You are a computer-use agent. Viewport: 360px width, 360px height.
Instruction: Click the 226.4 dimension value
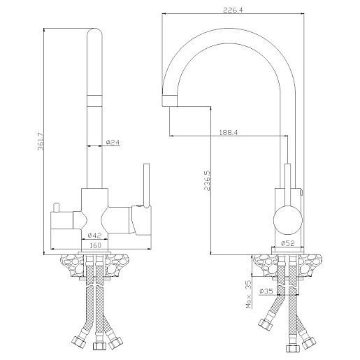click(x=233, y=10)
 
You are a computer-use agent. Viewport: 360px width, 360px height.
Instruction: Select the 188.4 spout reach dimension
click(x=229, y=132)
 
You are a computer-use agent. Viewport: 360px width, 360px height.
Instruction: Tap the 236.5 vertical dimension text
click(x=207, y=180)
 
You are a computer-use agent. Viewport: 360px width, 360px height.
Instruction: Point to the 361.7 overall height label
click(x=40, y=141)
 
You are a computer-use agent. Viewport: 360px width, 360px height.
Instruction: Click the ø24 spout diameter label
click(x=113, y=142)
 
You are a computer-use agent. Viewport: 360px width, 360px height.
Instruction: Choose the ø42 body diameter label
click(x=94, y=236)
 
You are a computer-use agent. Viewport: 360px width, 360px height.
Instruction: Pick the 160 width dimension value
click(x=95, y=245)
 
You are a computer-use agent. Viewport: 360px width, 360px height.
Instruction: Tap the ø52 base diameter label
click(x=288, y=243)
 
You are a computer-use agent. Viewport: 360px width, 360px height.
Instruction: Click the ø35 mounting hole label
click(x=266, y=291)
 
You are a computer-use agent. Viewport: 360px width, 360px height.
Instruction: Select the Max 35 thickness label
click(x=249, y=294)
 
